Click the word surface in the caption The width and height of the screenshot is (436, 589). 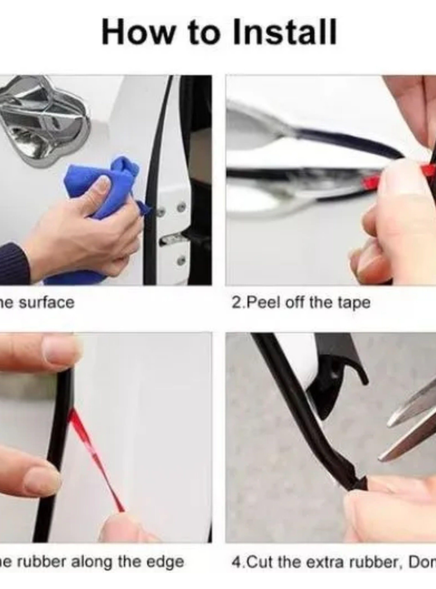pyautogui.click(x=47, y=303)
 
